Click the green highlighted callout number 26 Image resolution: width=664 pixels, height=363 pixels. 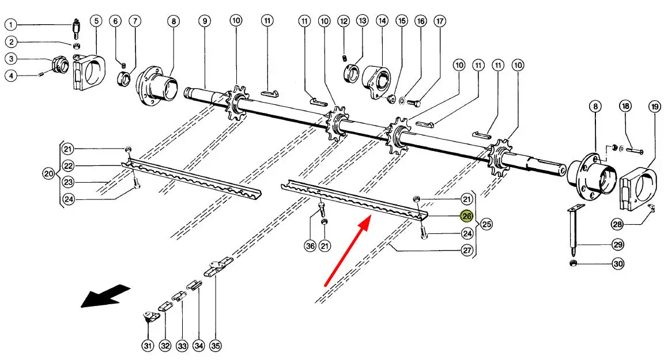(x=467, y=215)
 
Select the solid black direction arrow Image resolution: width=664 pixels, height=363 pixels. (x=105, y=296)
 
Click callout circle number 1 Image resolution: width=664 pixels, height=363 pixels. (x=10, y=25)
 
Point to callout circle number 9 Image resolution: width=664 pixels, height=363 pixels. (x=205, y=20)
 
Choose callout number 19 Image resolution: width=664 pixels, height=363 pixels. (x=655, y=106)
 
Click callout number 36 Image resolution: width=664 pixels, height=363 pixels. (x=311, y=245)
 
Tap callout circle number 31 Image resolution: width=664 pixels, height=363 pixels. (x=148, y=346)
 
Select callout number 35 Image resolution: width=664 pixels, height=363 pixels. (x=216, y=346)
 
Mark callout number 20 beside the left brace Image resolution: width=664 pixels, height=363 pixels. (x=48, y=173)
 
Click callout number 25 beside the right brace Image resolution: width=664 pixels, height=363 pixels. (x=486, y=224)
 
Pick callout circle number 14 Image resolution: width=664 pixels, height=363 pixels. (x=382, y=20)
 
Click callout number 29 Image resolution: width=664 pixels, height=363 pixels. (x=618, y=244)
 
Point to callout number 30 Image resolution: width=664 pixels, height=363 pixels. (x=618, y=263)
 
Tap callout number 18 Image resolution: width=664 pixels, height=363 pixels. (x=625, y=106)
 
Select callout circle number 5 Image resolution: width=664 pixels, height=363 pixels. (x=96, y=20)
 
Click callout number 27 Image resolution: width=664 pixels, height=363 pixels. (x=467, y=250)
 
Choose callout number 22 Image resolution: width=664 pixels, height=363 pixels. (x=68, y=165)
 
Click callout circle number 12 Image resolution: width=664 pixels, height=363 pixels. (x=344, y=20)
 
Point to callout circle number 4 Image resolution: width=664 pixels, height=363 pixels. (x=10, y=75)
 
